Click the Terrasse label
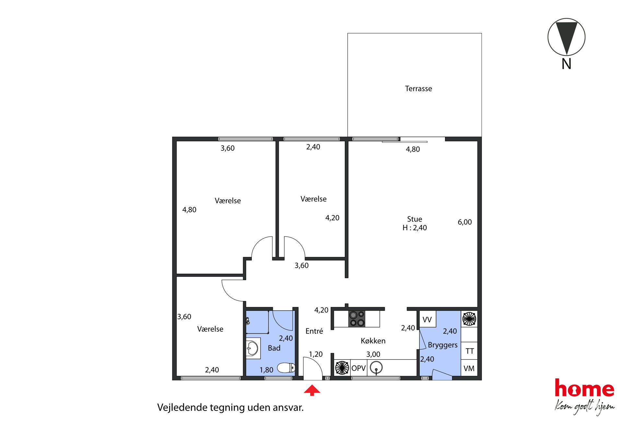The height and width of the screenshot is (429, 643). [418, 89]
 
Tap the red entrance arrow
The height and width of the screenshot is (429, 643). [312, 390]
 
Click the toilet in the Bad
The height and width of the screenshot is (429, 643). [286, 368]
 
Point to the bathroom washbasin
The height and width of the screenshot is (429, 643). [253, 349]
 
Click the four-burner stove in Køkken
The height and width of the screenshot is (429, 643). [357, 319]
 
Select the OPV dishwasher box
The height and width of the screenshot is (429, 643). [358, 368]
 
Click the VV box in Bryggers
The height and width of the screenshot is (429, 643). [427, 319]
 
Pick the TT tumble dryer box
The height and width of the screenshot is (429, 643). [469, 351]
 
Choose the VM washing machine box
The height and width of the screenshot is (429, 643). [469, 368]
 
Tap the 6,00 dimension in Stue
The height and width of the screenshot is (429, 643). [464, 222]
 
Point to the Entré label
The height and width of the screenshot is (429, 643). [314, 331]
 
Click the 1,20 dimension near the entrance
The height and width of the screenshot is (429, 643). [316, 354]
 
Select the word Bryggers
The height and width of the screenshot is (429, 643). [442, 345]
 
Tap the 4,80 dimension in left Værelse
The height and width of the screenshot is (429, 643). [189, 210]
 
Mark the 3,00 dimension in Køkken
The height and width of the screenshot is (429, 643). [373, 354]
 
